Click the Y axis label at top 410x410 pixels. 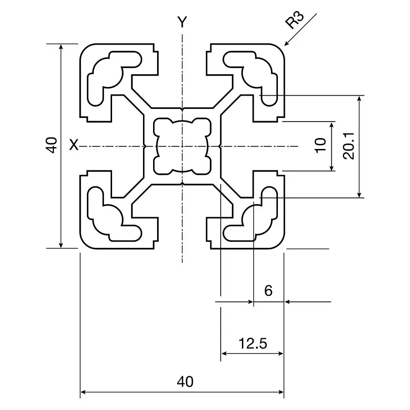tap(182, 22)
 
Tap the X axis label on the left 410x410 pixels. tap(73, 146)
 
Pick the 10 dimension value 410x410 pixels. tap(321, 146)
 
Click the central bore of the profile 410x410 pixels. tap(182, 146)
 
